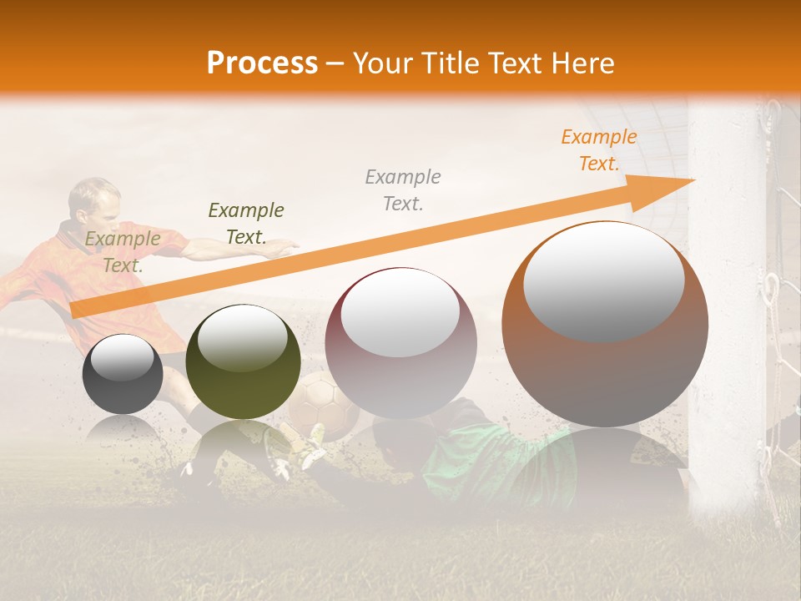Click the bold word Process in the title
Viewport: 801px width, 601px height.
[x=262, y=63]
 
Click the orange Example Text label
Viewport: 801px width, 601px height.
[x=598, y=150]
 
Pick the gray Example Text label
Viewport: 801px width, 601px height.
[x=403, y=190]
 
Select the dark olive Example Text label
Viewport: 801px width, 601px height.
[x=246, y=224]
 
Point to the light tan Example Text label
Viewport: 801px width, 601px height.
[x=123, y=252]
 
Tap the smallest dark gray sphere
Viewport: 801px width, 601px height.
[x=123, y=374]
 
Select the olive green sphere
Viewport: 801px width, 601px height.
[x=243, y=361]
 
